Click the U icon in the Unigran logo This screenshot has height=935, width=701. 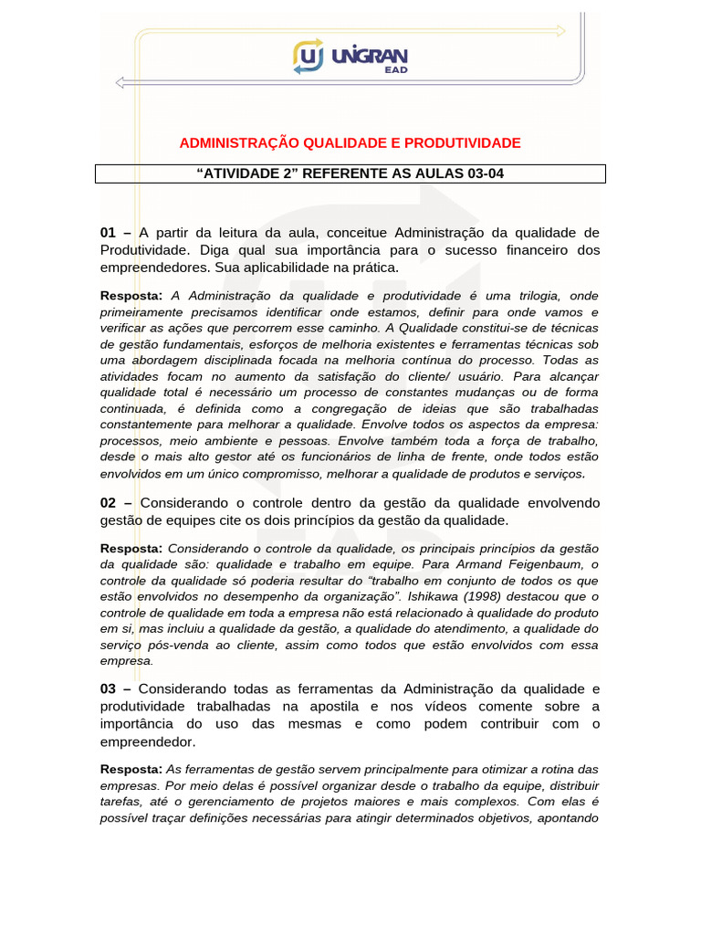(x=309, y=57)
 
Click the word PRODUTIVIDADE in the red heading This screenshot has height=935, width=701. (x=461, y=143)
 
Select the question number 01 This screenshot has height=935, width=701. (x=109, y=233)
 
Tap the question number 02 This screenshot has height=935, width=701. (x=109, y=503)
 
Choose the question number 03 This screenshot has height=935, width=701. (x=109, y=688)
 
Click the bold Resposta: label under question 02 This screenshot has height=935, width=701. (x=131, y=548)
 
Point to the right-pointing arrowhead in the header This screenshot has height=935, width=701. (x=560, y=30)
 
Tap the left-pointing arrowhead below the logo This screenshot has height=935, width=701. (x=120, y=83)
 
